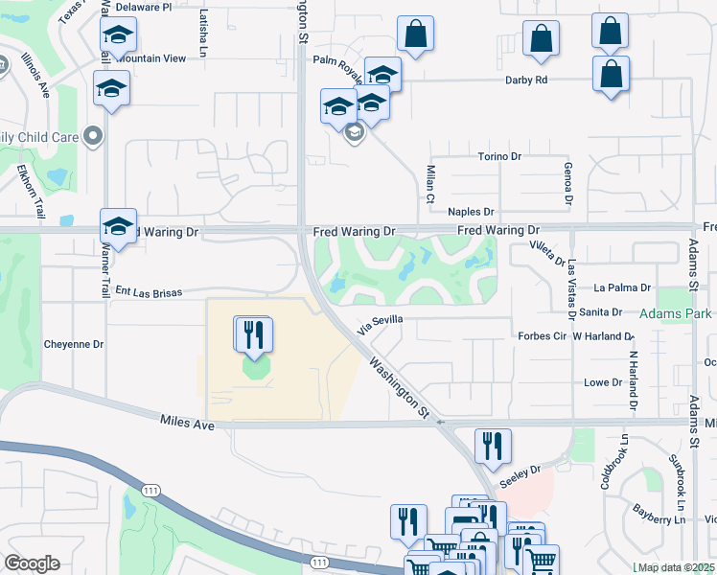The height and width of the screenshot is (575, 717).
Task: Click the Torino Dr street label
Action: (x=498, y=156)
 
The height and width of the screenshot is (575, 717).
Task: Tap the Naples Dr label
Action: (x=471, y=212)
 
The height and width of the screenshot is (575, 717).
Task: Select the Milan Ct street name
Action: (x=430, y=181)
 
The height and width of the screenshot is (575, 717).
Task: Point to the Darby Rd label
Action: (x=526, y=80)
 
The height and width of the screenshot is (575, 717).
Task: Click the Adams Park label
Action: (x=678, y=313)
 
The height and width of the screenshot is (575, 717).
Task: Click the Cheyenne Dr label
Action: (x=73, y=344)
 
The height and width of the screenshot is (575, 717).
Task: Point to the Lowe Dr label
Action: (x=603, y=382)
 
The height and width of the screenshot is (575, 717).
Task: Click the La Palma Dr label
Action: (x=622, y=287)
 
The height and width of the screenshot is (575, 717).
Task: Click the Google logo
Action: (x=32, y=563)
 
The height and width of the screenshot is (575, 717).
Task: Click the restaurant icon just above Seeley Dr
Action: (x=493, y=445)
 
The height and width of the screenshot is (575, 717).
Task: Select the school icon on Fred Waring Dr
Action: (x=118, y=226)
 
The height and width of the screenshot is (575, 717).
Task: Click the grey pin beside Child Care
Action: (x=93, y=136)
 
